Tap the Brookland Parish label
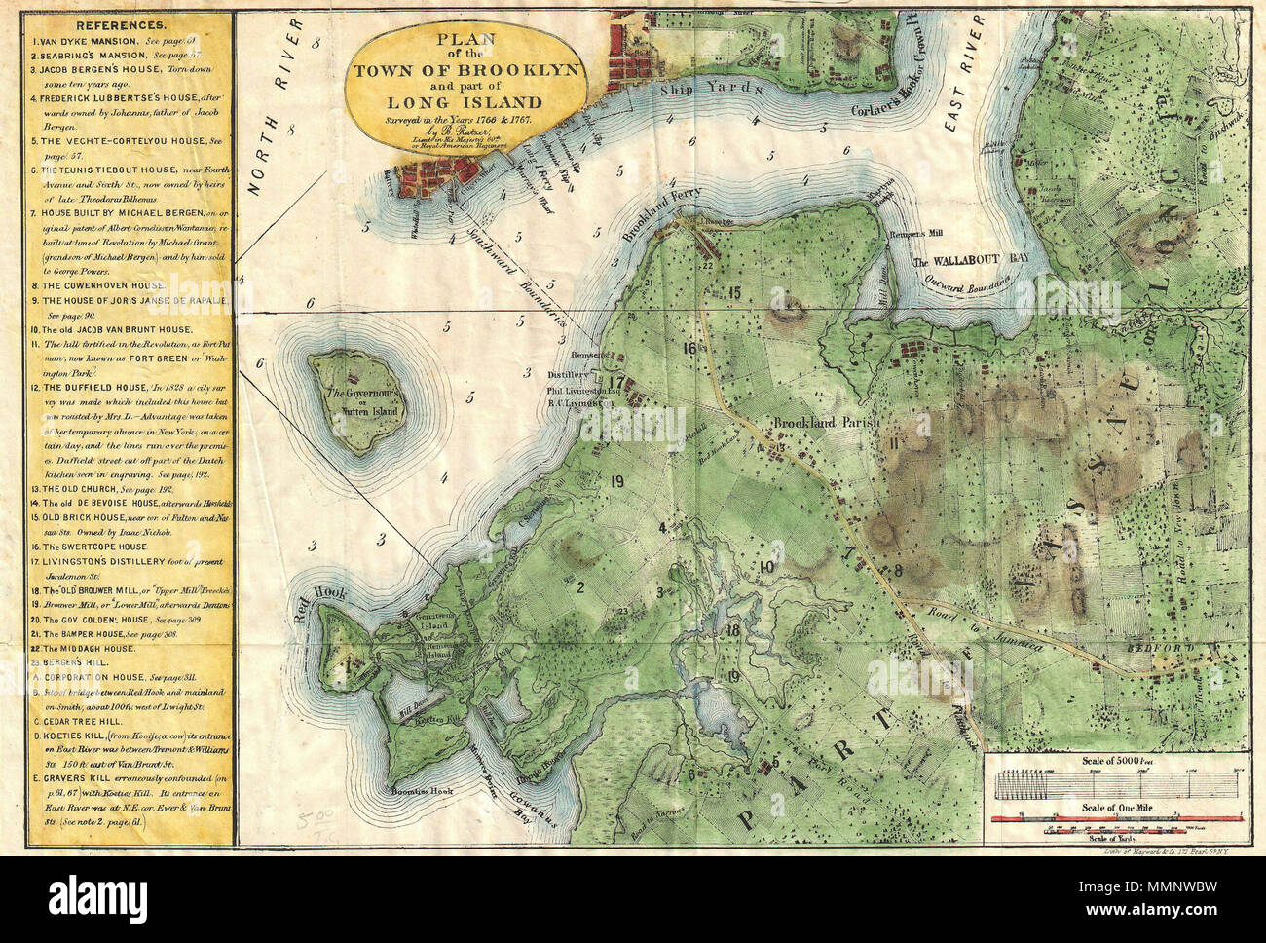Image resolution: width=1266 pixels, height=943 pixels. [x=827, y=423]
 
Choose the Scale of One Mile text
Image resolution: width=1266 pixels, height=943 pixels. [x=1116, y=809]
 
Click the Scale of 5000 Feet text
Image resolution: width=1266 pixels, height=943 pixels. [x=1116, y=760]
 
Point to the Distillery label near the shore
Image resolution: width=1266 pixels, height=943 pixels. [x=565, y=374]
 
